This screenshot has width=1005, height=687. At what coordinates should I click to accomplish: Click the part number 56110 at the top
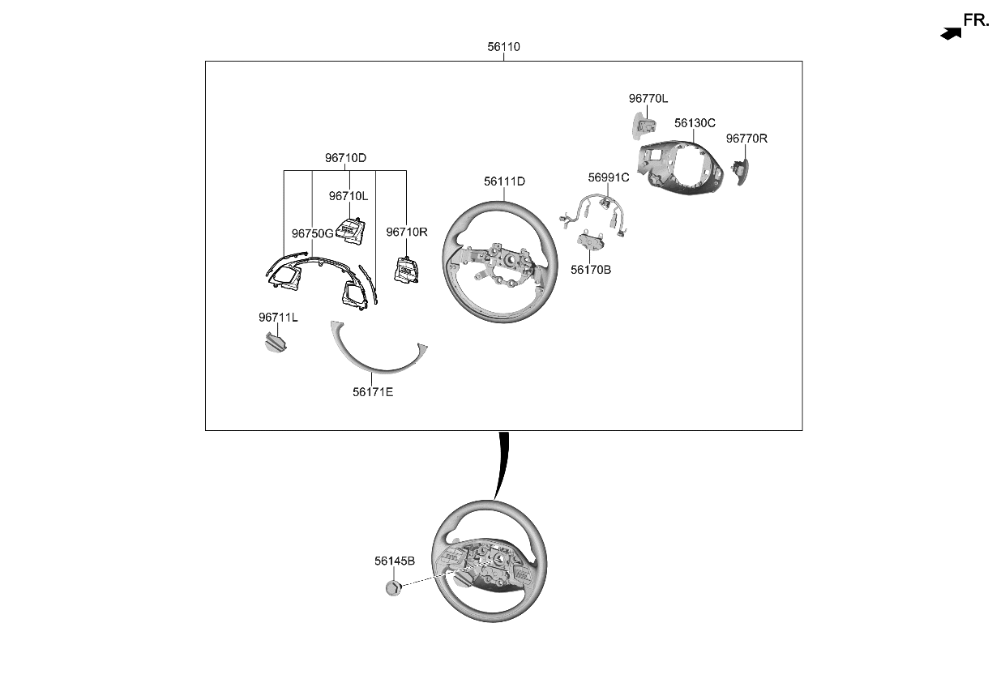[x=503, y=47]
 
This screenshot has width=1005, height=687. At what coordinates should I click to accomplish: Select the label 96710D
[x=346, y=158]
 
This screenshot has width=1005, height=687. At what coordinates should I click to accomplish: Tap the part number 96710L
[x=349, y=196]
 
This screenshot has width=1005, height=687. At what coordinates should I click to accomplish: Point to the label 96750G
[x=313, y=233]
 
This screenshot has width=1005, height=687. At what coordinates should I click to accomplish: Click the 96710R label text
[x=407, y=233]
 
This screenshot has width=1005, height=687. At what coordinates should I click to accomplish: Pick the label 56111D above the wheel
[x=504, y=181]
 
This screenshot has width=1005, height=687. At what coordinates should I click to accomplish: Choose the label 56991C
[x=609, y=177]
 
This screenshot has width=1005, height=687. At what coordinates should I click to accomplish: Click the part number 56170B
[x=591, y=270]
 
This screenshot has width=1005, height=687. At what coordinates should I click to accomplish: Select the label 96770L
[x=648, y=99]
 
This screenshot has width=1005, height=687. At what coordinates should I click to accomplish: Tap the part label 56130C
[x=695, y=123]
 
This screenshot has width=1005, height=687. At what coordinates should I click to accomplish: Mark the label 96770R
[x=746, y=139]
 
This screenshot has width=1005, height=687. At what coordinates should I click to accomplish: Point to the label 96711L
[x=278, y=318]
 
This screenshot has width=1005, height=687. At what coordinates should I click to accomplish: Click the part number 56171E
[x=373, y=392]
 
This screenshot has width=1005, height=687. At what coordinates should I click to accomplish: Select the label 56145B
[x=395, y=561]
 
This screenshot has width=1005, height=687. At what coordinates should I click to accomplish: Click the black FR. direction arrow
[x=951, y=33]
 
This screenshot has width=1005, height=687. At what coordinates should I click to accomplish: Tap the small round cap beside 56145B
[x=393, y=587]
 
